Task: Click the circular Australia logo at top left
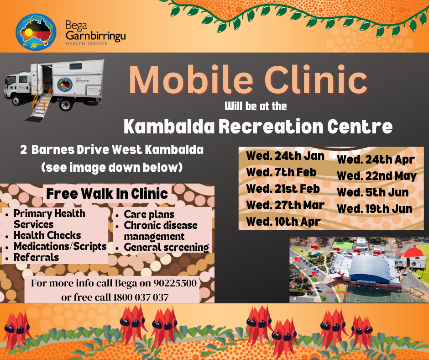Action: click(x=36, y=31)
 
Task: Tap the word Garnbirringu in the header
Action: click(x=95, y=35)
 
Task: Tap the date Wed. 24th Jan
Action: click(x=285, y=156)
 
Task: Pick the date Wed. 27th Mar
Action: click(x=285, y=205)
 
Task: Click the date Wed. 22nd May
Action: click(x=377, y=176)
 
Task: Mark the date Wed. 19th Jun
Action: click(x=375, y=209)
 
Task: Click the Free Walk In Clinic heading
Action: click(x=107, y=194)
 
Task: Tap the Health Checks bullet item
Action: click(x=47, y=236)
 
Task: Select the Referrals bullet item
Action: click(x=36, y=257)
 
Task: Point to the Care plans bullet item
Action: click(x=149, y=214)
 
